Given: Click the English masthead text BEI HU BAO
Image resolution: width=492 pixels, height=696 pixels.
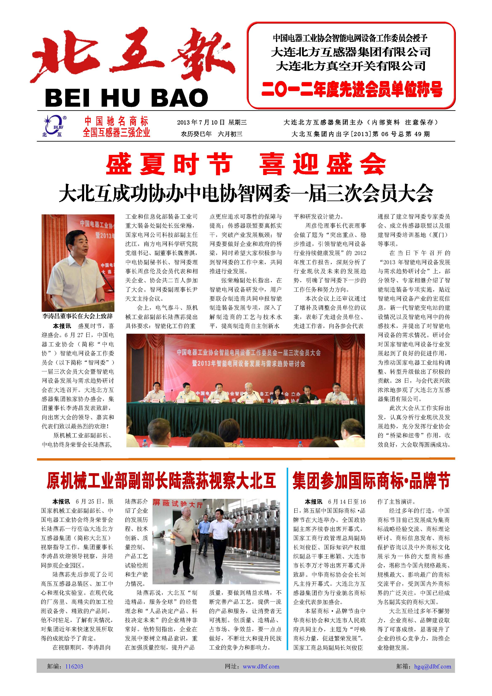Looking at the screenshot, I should pyautogui.click(x=126, y=98).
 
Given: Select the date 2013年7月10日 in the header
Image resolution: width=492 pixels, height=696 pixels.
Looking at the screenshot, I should pyautogui.click(x=201, y=122).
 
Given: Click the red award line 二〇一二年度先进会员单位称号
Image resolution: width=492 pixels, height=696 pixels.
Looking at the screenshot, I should pyautogui.click(x=352, y=90).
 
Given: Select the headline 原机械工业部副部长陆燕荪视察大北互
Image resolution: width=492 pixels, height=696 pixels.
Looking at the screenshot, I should pyautogui.click(x=161, y=481).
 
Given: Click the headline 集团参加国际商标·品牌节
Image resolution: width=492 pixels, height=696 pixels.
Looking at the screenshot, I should pyautogui.click(x=371, y=481).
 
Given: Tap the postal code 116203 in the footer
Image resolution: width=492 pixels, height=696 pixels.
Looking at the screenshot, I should pyautogui.click(x=74, y=666).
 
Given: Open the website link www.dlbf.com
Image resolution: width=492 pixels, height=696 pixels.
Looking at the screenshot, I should pyautogui.click(x=261, y=666).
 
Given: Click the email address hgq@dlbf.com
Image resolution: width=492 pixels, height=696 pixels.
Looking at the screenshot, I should pyautogui.click(x=433, y=666).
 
